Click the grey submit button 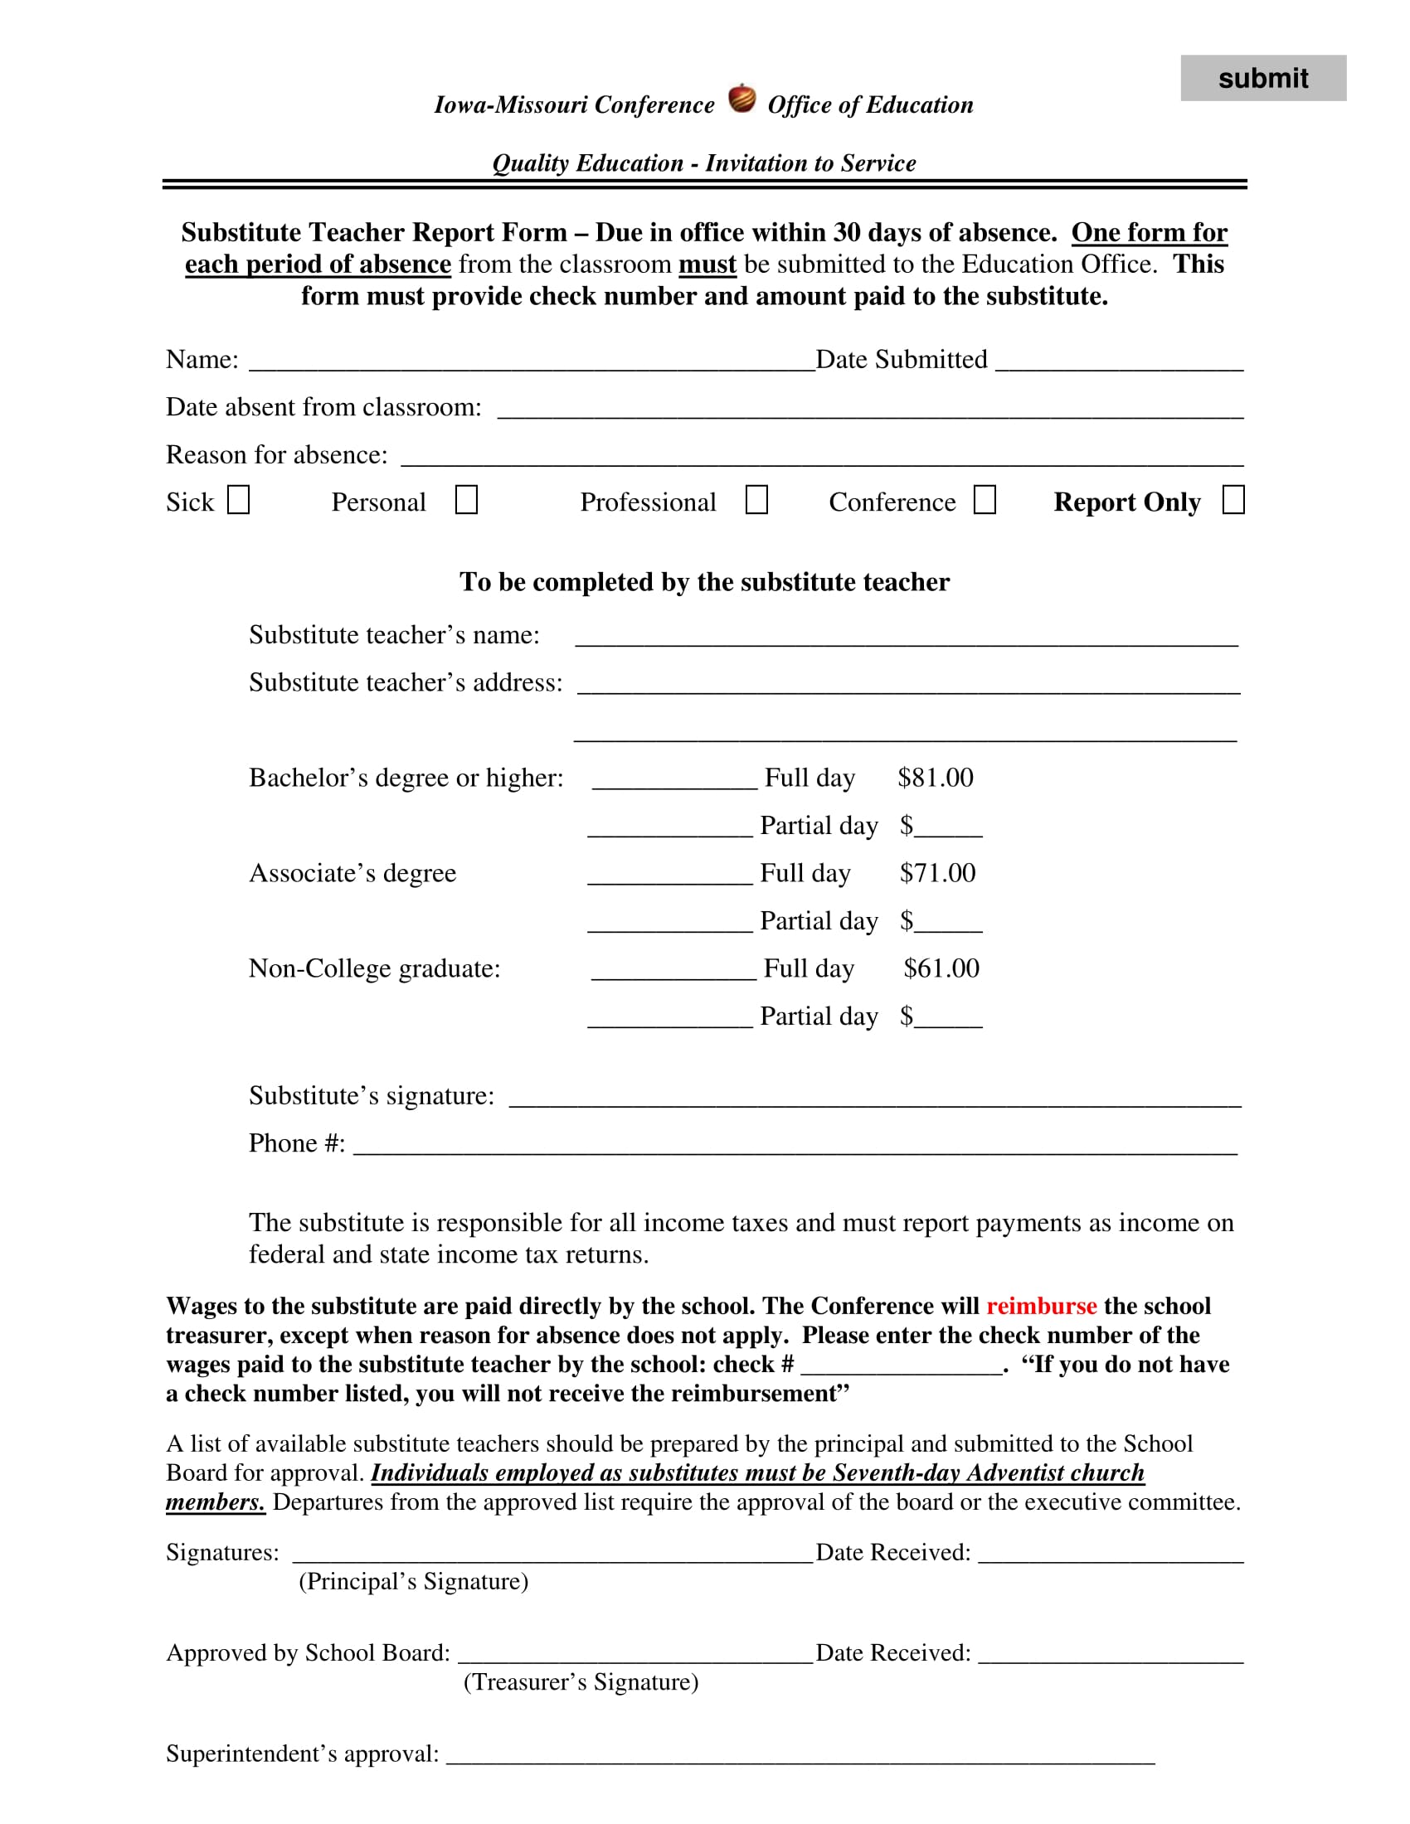click(x=1262, y=78)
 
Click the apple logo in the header click(x=741, y=99)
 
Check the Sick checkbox click(x=239, y=499)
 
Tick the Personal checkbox click(x=466, y=499)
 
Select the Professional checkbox click(x=756, y=499)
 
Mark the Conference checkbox click(x=985, y=499)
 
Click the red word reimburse click(x=1041, y=1305)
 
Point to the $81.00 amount click(x=935, y=778)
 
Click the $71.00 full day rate click(x=937, y=873)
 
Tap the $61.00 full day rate click(x=941, y=968)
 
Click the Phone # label click(x=297, y=1142)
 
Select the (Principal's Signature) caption click(x=414, y=1581)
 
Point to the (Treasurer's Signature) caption click(x=581, y=1681)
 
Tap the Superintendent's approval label click(x=302, y=1753)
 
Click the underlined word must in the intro click(x=707, y=264)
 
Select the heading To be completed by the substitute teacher click(x=704, y=581)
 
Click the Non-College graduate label click(x=374, y=968)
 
